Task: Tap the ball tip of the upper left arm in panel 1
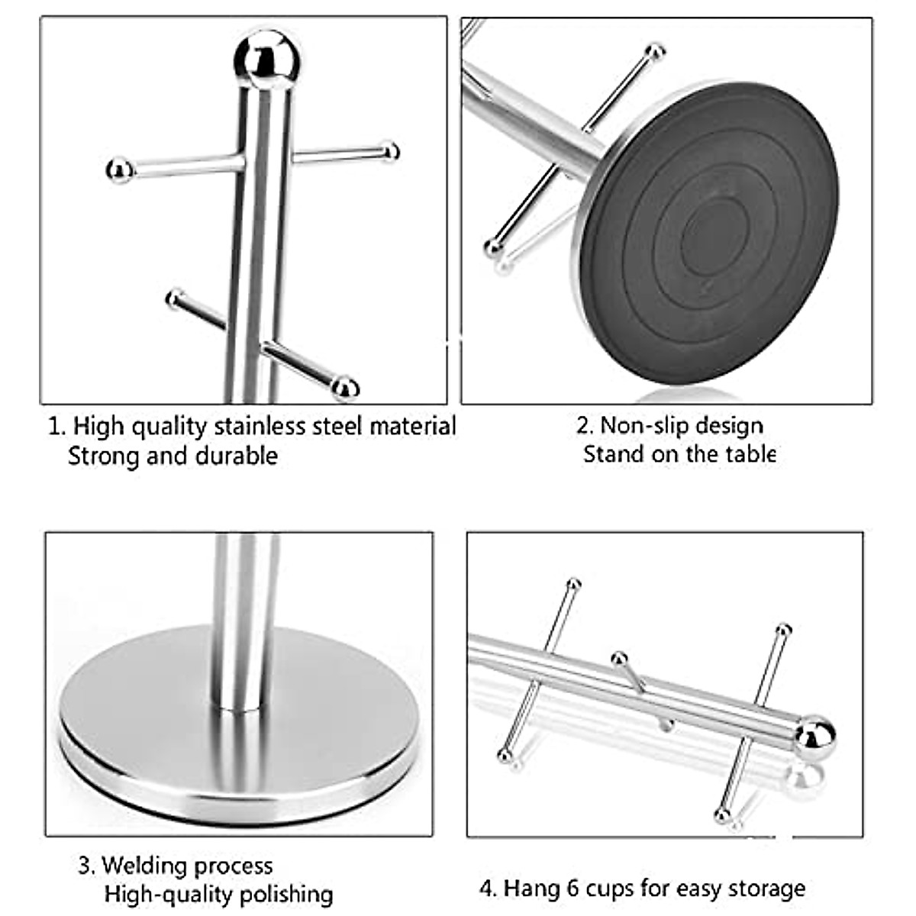pyautogui.click(x=119, y=169)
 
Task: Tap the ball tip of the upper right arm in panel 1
pyautogui.click(x=390, y=151)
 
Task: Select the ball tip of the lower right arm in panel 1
pyautogui.click(x=345, y=388)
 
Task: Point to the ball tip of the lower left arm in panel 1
pyautogui.click(x=175, y=298)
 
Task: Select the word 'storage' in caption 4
pyautogui.click(x=766, y=889)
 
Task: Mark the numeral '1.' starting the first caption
pyautogui.click(x=56, y=426)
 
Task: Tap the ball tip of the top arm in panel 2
pyautogui.click(x=654, y=52)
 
